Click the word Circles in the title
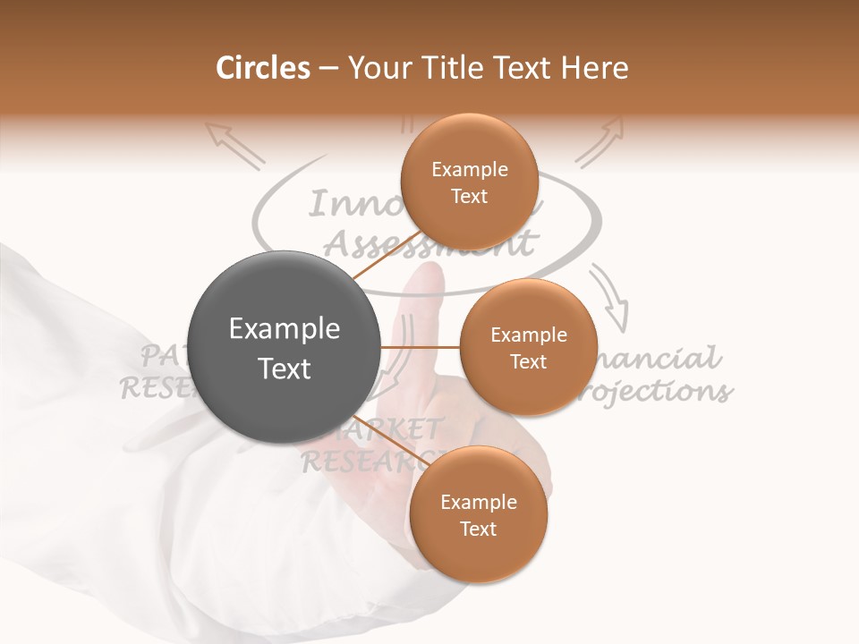coord(263,68)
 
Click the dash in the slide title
coord(328,69)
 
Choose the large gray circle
coord(285,347)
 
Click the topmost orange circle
coord(469,182)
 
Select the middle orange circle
coord(528,347)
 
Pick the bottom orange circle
coord(478,514)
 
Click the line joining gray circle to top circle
coord(387,255)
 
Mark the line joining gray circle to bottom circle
coord(385,438)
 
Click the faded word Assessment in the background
coord(429,241)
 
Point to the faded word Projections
coord(662,392)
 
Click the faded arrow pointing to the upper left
coord(234,145)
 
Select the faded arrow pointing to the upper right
coord(600,143)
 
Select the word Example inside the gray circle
coord(285,329)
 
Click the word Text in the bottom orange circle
coord(478,529)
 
